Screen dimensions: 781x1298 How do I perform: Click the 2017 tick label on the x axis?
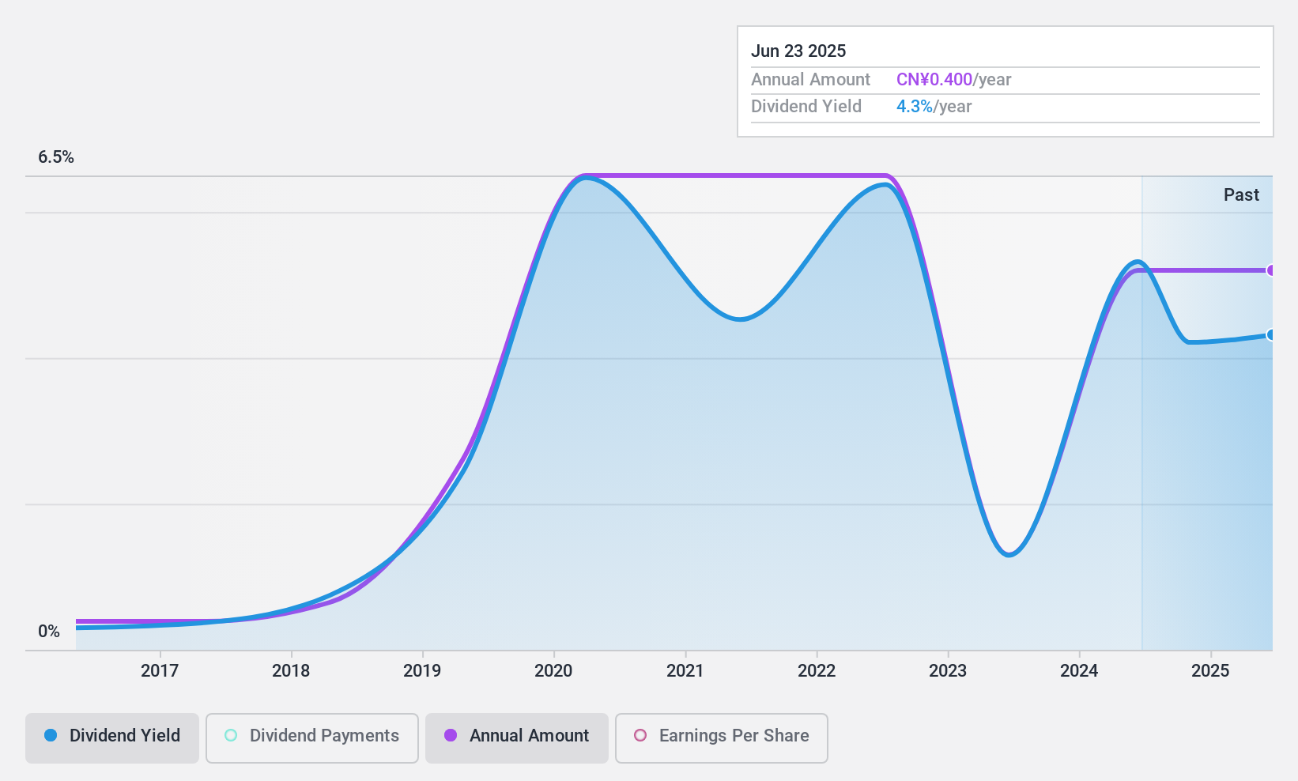click(x=160, y=670)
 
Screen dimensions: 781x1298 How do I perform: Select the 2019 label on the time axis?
click(x=422, y=670)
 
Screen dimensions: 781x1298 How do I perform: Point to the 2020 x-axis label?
click(x=553, y=670)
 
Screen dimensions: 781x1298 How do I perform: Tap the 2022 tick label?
click(x=817, y=670)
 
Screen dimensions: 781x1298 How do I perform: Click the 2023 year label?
click(x=948, y=670)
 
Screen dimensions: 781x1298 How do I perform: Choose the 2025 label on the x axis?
click(x=1210, y=670)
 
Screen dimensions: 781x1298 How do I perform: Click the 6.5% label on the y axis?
click(x=56, y=157)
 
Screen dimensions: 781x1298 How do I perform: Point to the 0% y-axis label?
click(x=49, y=632)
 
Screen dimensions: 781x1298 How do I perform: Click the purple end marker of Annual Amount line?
click(x=1271, y=270)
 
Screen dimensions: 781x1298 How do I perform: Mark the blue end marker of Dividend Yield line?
click(x=1271, y=335)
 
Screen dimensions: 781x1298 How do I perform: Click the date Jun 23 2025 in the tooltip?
click(x=798, y=51)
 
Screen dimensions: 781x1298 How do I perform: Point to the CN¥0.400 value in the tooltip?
click(x=934, y=80)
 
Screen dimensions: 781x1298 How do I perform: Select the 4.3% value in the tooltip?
click(x=915, y=107)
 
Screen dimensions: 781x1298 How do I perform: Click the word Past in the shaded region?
click(x=1241, y=195)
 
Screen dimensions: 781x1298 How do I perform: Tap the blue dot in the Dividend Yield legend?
click(x=51, y=736)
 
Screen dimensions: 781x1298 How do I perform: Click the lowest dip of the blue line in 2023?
click(x=1009, y=555)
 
